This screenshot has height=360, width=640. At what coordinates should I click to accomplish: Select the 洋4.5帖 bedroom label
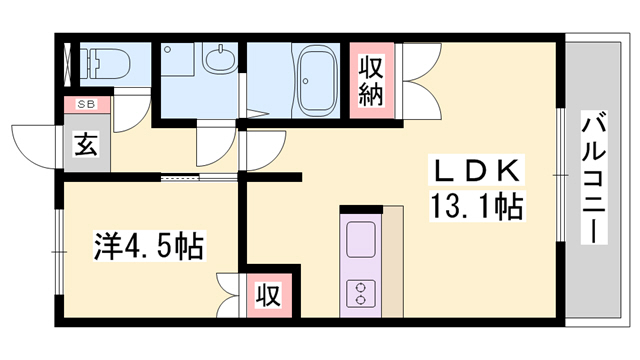(x=149, y=245)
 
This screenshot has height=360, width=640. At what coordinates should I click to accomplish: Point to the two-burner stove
(x=358, y=292)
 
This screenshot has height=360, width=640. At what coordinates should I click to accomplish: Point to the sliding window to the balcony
(x=557, y=180)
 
